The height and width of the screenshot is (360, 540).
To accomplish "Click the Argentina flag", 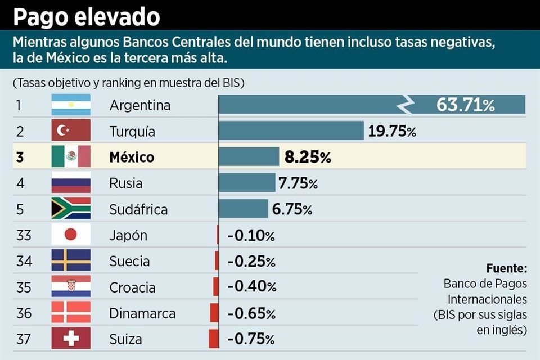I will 71,105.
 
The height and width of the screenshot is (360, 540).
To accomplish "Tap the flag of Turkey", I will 71,131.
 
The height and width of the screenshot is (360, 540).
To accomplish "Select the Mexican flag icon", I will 71,157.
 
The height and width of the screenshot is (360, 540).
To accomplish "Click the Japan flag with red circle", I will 71,235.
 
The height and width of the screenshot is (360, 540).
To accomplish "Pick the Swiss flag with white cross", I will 71,339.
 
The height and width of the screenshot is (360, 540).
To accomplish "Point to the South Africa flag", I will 71,209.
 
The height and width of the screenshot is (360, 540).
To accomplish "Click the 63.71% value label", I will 465,105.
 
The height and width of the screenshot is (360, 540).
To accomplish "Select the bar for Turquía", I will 291,130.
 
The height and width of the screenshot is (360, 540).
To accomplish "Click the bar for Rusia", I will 247,183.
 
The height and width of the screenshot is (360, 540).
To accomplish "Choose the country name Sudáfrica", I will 138,210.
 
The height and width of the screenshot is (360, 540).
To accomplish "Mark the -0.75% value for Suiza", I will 251,339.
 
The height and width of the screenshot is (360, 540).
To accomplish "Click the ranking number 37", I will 24,339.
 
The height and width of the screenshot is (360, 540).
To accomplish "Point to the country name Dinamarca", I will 142,313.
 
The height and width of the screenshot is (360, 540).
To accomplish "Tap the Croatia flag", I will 71,287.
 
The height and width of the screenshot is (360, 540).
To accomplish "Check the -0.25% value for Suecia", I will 251,262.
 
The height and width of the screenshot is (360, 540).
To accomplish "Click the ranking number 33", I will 24,235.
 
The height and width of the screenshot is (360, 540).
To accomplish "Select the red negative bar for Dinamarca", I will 214,313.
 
